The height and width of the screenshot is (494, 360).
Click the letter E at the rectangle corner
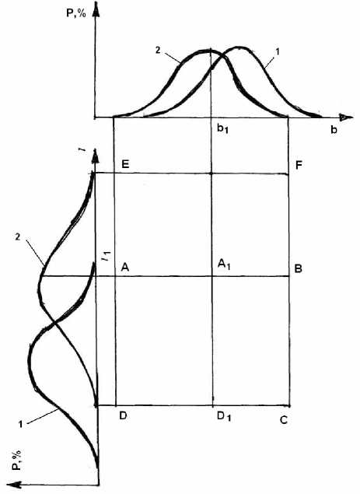point(125,164)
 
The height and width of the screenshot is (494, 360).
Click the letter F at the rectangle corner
point(299,165)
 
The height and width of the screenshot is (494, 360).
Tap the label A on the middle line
point(125,268)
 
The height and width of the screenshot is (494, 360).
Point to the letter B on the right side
point(298,268)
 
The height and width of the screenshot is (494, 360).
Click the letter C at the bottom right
point(284,420)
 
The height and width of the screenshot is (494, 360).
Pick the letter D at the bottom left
point(123,415)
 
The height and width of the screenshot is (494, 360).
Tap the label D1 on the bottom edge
point(224,416)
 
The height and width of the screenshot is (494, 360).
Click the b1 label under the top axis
point(222,129)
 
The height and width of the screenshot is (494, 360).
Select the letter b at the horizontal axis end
point(334,130)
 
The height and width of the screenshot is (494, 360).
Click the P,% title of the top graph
point(76,13)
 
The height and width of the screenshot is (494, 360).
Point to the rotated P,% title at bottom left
point(17,460)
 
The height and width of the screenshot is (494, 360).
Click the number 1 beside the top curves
point(278,51)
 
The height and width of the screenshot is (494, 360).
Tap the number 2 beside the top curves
point(158,51)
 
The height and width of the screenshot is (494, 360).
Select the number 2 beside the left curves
point(18,236)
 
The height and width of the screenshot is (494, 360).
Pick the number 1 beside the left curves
point(20,425)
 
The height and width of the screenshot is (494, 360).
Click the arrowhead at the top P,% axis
point(96,9)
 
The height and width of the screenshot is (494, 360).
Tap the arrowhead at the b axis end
point(345,117)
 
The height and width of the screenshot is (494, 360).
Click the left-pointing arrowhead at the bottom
point(14,485)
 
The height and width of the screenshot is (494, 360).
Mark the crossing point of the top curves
point(223,56)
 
